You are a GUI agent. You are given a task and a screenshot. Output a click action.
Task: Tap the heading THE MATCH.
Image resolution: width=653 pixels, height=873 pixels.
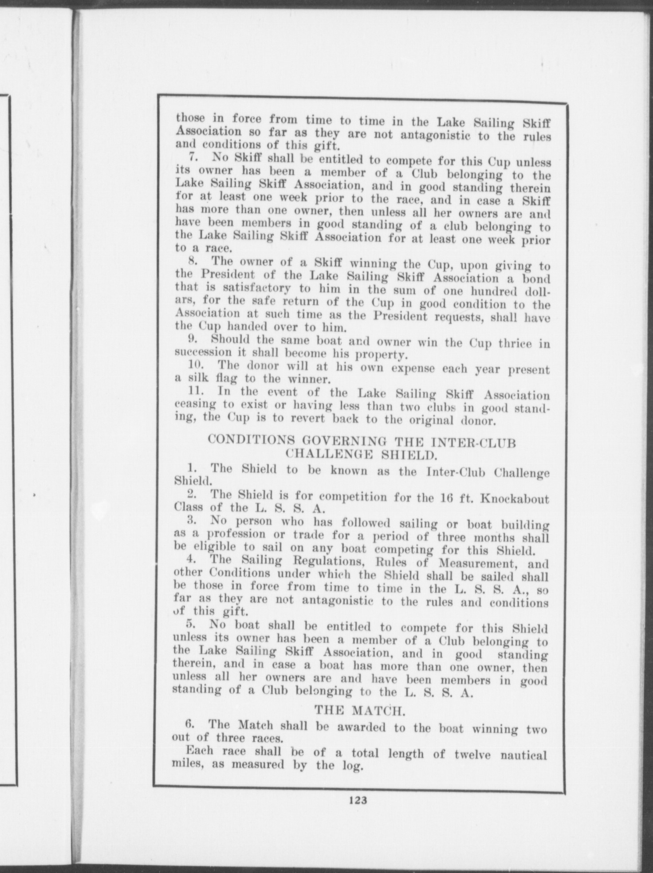click(x=360, y=710)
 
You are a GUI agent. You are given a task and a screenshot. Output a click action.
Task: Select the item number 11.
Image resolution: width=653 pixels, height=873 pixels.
click(x=197, y=392)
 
